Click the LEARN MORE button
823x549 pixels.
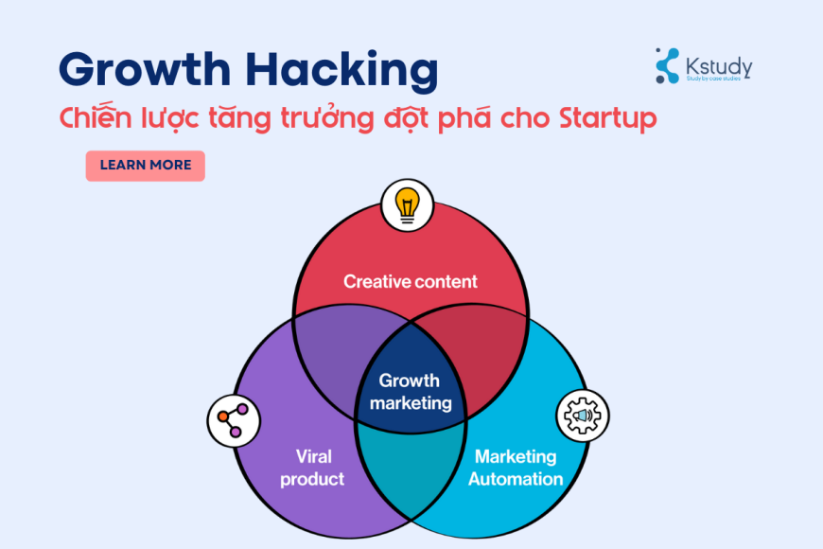pyautogui.click(x=145, y=166)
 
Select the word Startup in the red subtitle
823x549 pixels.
pyautogui.click(x=607, y=120)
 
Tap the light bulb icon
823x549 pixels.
pyautogui.click(x=407, y=204)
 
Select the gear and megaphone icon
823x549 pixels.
pyautogui.click(x=583, y=416)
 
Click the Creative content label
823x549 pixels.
pyautogui.click(x=411, y=281)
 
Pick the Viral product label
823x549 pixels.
pyautogui.click(x=312, y=468)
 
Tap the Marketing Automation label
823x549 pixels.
pyautogui.click(x=516, y=468)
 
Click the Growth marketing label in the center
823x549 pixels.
pyautogui.click(x=410, y=392)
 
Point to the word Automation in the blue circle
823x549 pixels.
pyautogui.click(x=516, y=479)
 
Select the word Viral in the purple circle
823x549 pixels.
pyautogui.click(x=312, y=456)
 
